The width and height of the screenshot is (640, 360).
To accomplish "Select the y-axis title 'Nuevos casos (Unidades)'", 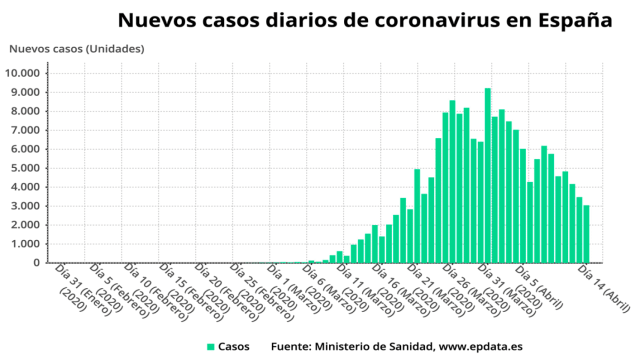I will [76, 49].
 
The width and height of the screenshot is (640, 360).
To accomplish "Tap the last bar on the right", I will [586, 234].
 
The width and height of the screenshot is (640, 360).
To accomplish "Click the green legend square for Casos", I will [211, 346].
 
